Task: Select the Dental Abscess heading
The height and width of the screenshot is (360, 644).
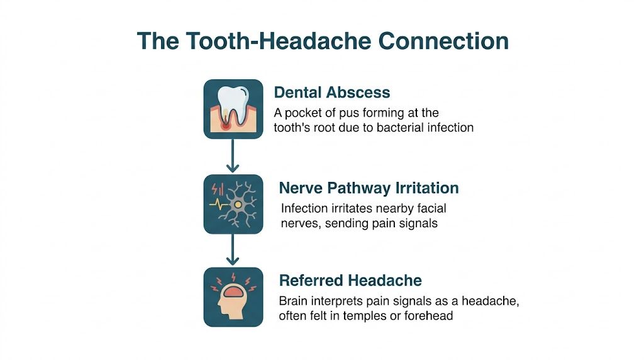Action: [332, 93]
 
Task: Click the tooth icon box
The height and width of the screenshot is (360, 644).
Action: [233, 109]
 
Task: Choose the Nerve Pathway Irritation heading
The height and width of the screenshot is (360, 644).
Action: [369, 188]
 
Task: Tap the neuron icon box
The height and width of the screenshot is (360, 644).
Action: [233, 204]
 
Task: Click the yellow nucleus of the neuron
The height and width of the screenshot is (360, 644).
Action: [238, 205]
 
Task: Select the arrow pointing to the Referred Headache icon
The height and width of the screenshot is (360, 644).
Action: [233, 250]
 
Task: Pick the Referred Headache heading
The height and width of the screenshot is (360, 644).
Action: [350, 280]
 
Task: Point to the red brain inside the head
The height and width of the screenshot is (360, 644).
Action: [233, 291]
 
